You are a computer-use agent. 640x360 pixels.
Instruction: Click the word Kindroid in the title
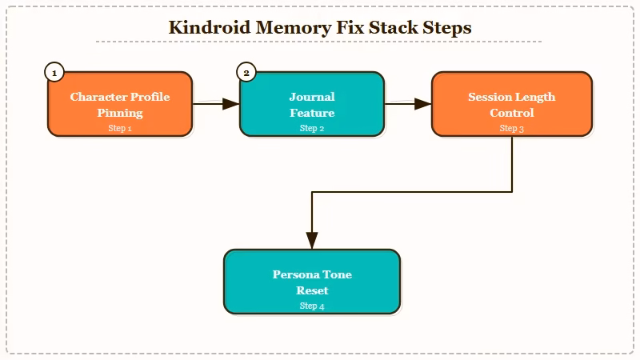click(x=209, y=27)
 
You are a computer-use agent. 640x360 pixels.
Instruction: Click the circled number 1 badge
click(x=54, y=73)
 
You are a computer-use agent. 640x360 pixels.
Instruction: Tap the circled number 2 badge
click(x=246, y=73)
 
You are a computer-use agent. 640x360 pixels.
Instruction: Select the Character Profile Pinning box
click(x=120, y=104)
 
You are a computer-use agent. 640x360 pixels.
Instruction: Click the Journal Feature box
click(x=312, y=104)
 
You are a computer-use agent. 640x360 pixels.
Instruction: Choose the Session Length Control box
click(x=512, y=104)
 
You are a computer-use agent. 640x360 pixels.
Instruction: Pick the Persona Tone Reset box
click(x=312, y=282)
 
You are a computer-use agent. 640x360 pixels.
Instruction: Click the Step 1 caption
click(x=120, y=128)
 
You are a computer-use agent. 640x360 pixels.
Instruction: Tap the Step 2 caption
click(x=312, y=128)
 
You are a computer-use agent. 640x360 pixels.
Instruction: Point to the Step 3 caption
click(x=512, y=128)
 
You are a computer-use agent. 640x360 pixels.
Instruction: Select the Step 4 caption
click(x=312, y=306)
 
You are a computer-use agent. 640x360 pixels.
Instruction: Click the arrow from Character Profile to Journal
click(x=216, y=103)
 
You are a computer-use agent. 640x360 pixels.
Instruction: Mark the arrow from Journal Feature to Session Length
click(x=408, y=103)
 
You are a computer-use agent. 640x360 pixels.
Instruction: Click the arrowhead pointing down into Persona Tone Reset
click(x=312, y=241)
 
